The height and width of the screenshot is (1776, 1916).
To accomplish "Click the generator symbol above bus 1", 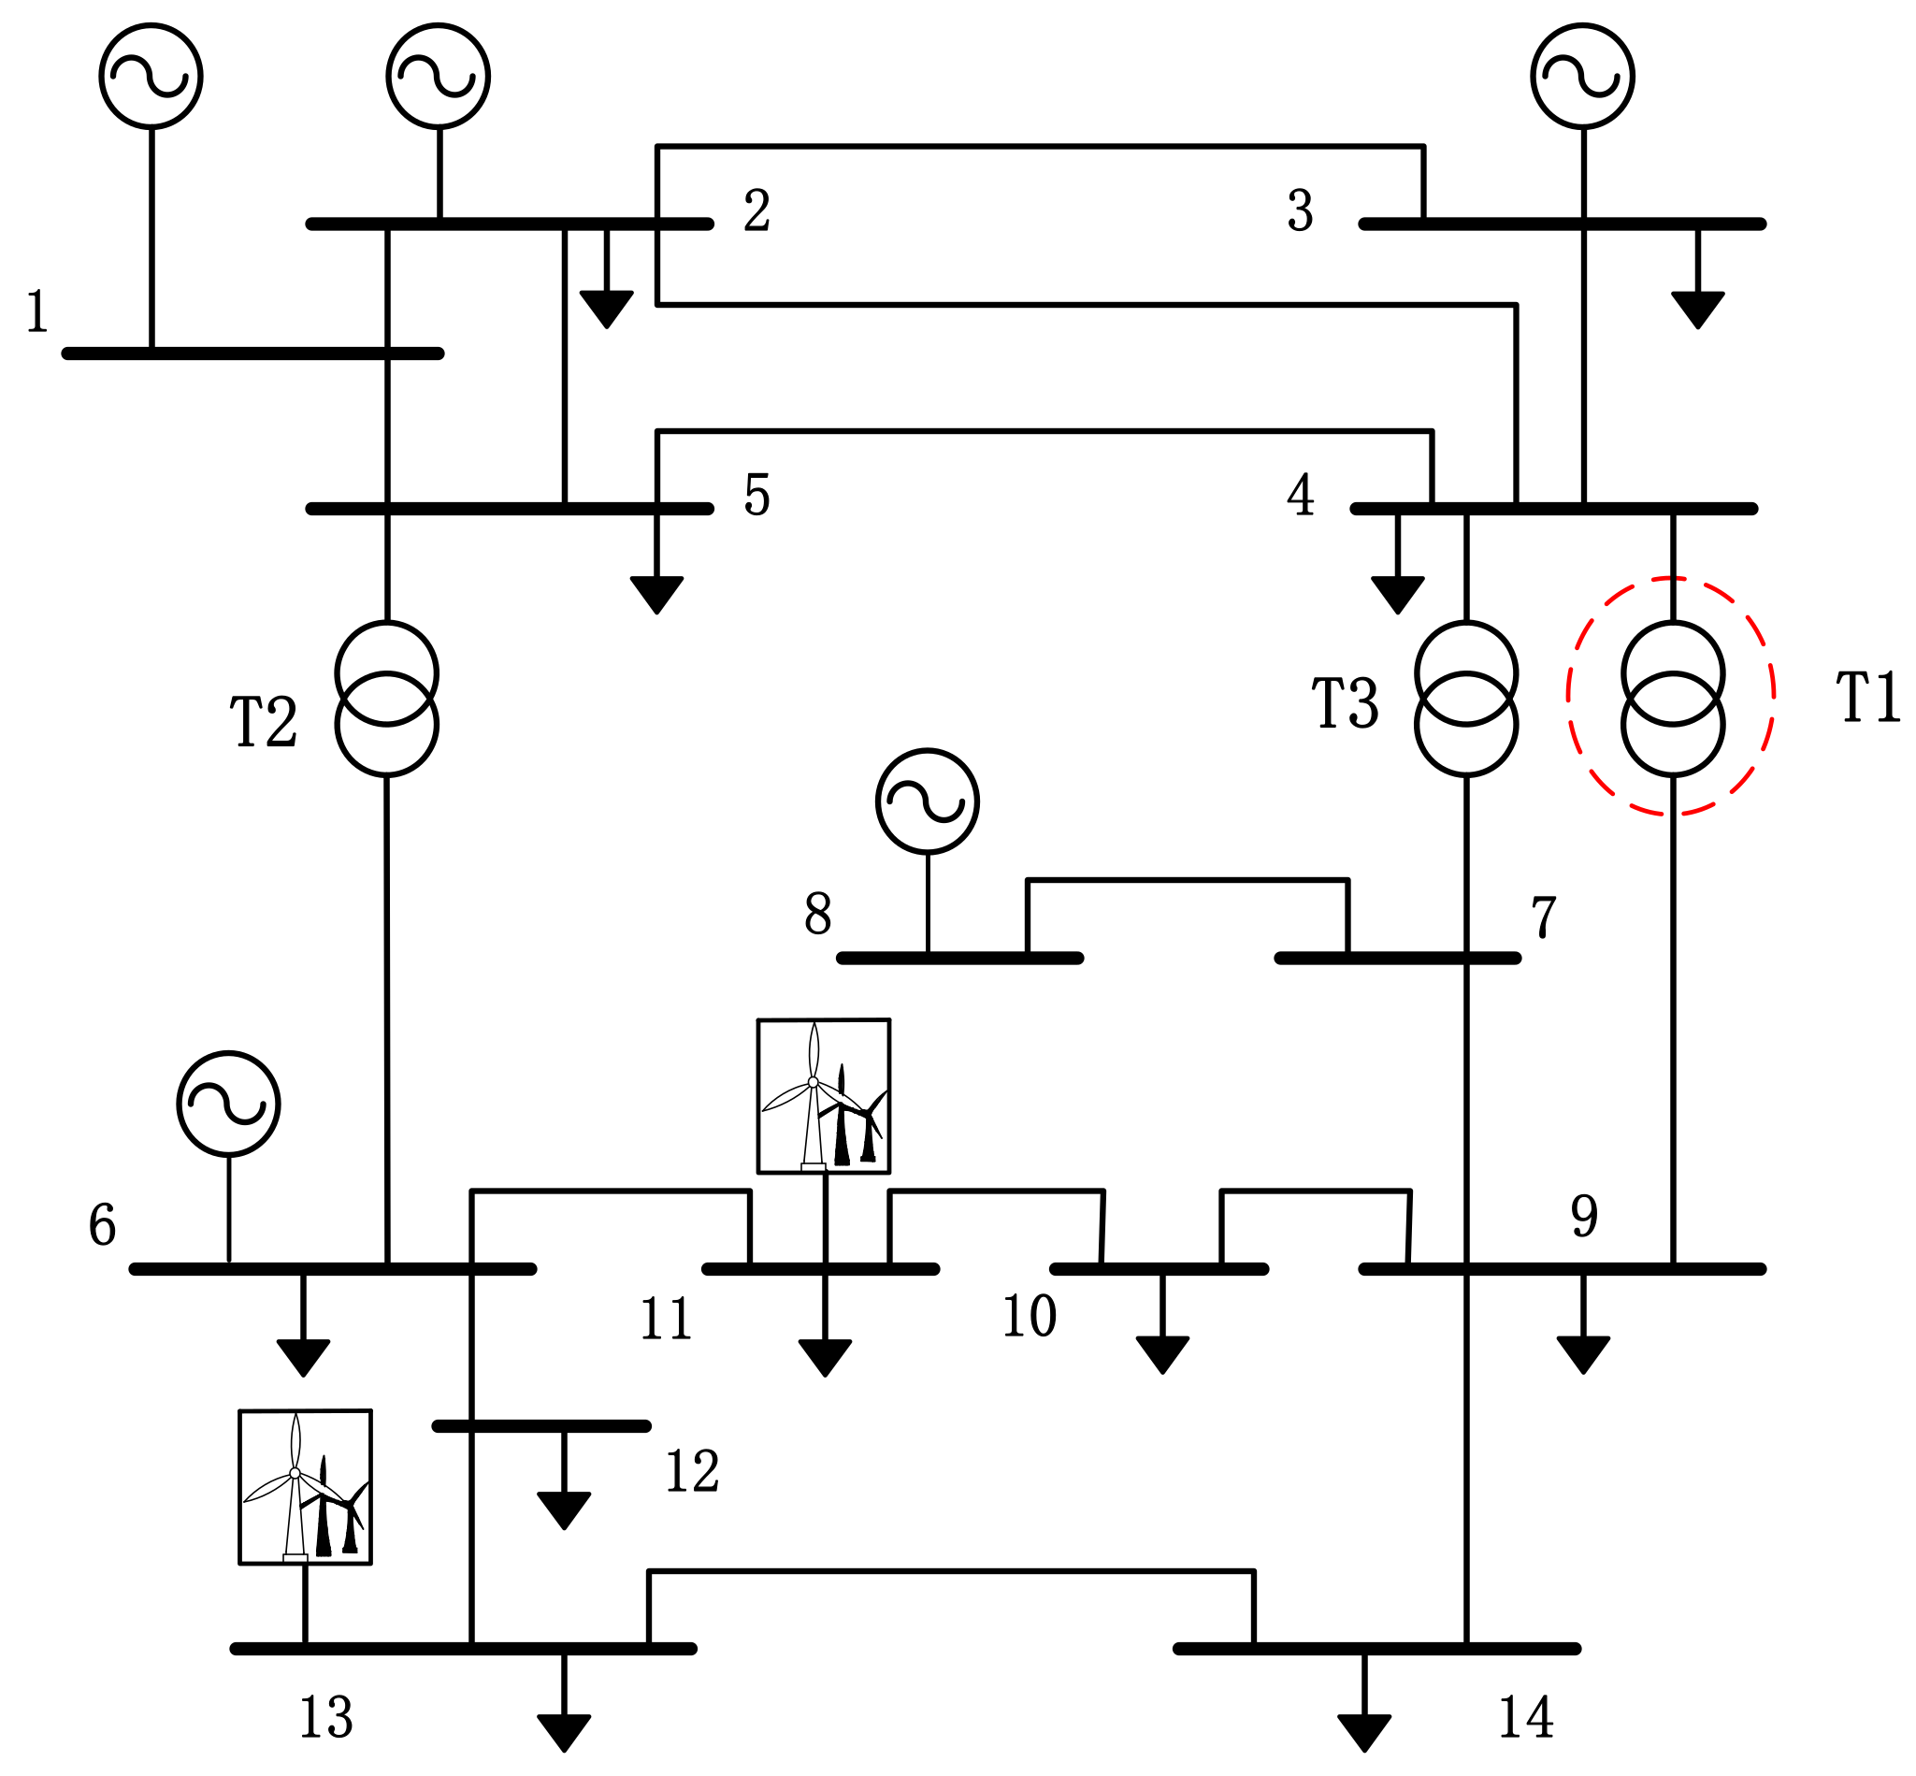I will [151, 76].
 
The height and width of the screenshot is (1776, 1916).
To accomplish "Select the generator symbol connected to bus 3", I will [1582, 76].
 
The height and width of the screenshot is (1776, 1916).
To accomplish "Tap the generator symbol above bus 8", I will [928, 801].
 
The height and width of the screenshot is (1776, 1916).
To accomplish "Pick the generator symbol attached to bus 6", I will [229, 1104].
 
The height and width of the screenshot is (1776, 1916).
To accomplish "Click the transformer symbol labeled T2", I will [387, 699].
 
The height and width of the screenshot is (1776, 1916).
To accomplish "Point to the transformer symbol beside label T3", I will [1466, 699].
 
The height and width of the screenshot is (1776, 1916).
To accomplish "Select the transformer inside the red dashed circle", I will [1673, 699].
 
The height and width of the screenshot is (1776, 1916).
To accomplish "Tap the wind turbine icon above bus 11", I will [824, 1095].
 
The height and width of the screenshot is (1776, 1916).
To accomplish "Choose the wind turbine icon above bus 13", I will [305, 1487].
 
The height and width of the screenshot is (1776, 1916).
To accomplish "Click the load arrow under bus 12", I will [564, 1509].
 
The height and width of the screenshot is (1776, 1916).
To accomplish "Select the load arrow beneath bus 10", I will [1161, 1354].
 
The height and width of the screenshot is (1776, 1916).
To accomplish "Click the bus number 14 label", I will [1525, 1717].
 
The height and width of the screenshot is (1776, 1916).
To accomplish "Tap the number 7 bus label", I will [1542, 916].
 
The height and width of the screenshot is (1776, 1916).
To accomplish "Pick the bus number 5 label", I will [756, 495].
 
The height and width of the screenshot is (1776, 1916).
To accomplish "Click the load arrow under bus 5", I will [656, 594].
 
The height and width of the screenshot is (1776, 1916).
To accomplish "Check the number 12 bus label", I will [691, 1471].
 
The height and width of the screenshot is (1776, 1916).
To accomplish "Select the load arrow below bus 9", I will [1582, 1354].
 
